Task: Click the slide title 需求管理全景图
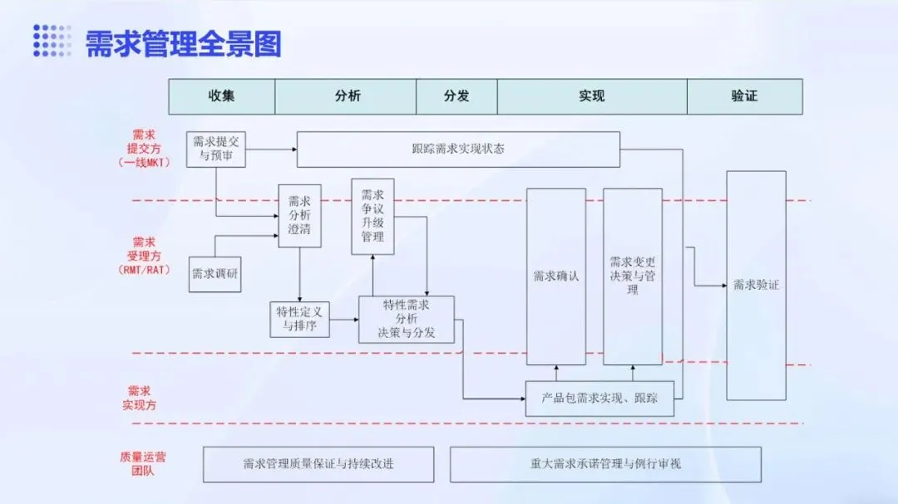[x=183, y=43]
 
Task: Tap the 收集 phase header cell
[x=222, y=96]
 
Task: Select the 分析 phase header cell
[x=346, y=96]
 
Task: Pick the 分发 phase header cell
[x=456, y=96]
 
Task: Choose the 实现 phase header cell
[x=592, y=96]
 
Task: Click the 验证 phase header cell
[x=744, y=96]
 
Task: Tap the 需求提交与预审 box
[x=215, y=148]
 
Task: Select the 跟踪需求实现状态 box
[x=458, y=149]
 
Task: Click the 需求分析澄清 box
[x=299, y=215]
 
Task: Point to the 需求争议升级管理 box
[x=373, y=216]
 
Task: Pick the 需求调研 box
[x=215, y=274]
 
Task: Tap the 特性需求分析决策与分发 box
[x=407, y=319]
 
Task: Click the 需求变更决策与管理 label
[x=633, y=276]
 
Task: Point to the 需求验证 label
[x=756, y=285]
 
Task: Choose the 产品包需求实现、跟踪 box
[x=599, y=399]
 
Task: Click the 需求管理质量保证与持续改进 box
[x=318, y=464]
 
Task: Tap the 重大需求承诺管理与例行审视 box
[x=605, y=464]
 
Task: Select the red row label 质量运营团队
[x=142, y=464]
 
